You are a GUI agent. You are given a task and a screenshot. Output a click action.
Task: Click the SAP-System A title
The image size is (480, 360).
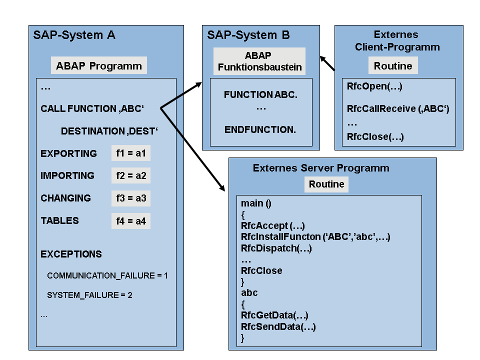tap(74, 35)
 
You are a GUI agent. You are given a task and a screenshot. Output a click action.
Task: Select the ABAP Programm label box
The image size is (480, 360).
tap(98, 65)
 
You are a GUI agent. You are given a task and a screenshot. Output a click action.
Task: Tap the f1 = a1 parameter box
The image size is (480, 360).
tap(131, 153)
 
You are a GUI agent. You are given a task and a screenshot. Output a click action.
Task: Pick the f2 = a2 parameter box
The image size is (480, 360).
tap(131, 175)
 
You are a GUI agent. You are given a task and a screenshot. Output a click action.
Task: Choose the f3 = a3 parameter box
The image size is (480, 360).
tap(131, 198)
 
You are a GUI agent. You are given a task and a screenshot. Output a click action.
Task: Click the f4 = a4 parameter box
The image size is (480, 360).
tap(131, 220)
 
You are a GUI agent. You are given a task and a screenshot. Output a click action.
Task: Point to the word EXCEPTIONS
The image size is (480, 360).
tap(71, 254)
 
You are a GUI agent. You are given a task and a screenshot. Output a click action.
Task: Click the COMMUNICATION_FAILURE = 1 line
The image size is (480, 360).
tap(107, 275)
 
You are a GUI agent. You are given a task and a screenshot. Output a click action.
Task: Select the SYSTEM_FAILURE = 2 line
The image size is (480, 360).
tap(89, 295)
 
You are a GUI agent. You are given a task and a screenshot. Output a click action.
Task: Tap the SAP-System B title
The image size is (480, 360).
tap(248, 35)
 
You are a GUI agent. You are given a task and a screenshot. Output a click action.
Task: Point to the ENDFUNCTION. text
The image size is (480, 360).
tap(260, 129)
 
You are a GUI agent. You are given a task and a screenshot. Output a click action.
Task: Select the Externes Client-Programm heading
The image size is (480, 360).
tap(397, 41)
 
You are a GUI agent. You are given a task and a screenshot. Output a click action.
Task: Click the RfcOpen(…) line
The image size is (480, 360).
tap(374, 86)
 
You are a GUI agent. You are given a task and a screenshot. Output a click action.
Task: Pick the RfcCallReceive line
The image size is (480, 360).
tap(398, 108)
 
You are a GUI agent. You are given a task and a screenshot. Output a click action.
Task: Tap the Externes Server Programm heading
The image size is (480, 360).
tap(321, 168)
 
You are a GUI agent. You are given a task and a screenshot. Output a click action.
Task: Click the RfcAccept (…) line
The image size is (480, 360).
tap(272, 225)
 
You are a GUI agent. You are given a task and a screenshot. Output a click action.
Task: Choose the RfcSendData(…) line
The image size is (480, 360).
tap(278, 327)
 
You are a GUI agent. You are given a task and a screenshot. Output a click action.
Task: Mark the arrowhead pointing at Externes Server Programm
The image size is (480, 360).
tap(222, 188)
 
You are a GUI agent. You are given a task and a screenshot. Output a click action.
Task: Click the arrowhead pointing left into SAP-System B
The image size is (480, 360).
tap(323, 58)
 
